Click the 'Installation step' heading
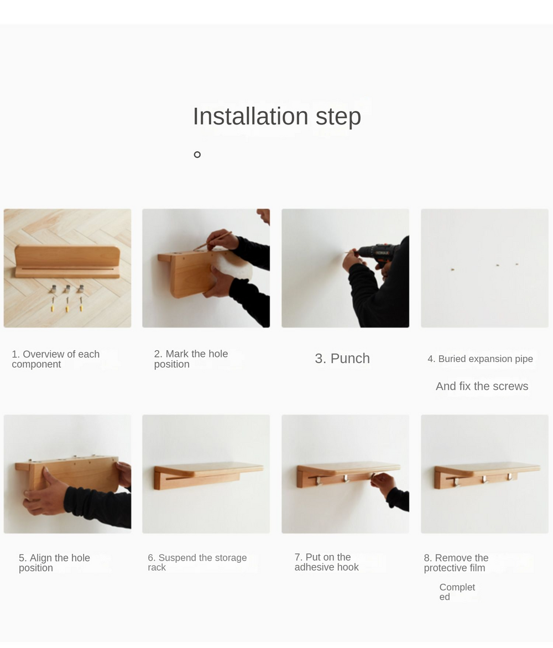(276, 117)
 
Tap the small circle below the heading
(197, 154)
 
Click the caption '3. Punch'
(342, 358)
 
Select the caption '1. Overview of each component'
(56, 359)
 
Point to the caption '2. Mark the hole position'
(191, 359)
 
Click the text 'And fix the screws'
(482, 386)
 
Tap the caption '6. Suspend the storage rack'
(197, 562)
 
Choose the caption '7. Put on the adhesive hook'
(326, 562)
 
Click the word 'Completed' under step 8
(457, 592)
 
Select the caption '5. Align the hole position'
(54, 563)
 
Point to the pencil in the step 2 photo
(213, 241)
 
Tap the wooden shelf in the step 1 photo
(67, 262)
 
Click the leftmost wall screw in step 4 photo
(453, 269)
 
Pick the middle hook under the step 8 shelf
(484, 479)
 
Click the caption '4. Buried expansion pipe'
(481, 359)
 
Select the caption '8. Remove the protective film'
(456, 563)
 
